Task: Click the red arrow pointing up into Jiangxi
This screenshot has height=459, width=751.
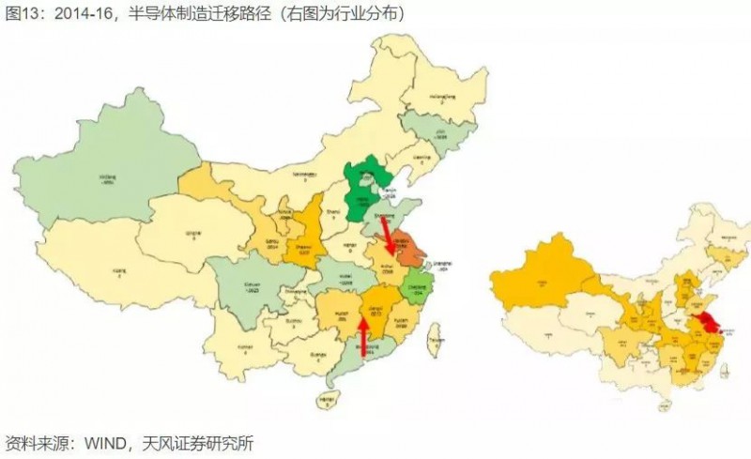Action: pyautogui.click(x=362, y=340)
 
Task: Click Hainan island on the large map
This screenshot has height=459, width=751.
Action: pyautogui.click(x=327, y=400)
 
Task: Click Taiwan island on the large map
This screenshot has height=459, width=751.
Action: pyautogui.click(x=435, y=344)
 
